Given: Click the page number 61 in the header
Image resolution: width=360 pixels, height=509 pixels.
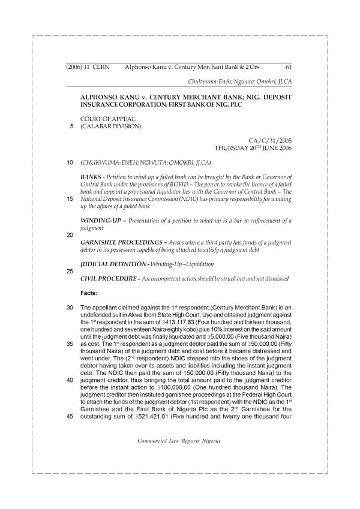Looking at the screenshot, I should click(x=288, y=67).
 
